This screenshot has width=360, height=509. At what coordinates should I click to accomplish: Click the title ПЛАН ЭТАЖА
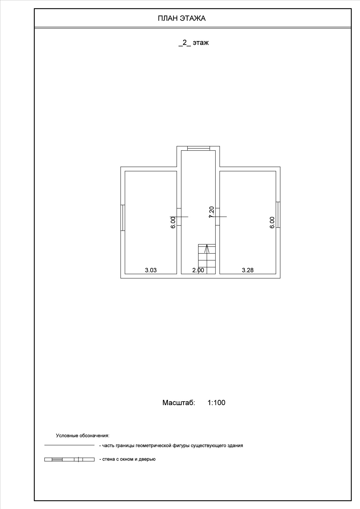tap(182, 19)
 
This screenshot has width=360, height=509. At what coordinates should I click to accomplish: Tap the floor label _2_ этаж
tap(193, 43)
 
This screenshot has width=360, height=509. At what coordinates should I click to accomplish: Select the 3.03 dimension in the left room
tap(151, 270)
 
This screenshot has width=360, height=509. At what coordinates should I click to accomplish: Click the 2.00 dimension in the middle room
tap(198, 270)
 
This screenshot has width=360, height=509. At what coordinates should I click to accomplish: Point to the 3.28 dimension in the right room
tap(248, 270)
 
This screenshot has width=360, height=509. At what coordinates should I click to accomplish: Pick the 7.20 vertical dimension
tap(211, 212)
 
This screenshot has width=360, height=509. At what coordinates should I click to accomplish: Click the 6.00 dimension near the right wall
tap(272, 222)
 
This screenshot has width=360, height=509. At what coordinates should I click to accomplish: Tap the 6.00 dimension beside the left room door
tap(173, 222)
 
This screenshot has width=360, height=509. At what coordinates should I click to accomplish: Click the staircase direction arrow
tap(207, 249)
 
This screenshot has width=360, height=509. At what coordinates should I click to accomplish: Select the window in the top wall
tap(198, 148)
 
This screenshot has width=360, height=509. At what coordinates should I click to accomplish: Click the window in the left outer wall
tap(123, 218)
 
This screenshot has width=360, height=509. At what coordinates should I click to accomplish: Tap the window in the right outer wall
tap(278, 215)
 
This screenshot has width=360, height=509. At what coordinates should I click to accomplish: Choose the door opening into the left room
tap(179, 217)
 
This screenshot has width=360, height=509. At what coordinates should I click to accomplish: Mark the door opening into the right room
tap(218, 217)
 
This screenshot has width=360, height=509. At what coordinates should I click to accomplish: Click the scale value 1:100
tap(216, 402)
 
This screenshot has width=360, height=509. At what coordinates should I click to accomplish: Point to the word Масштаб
tap(179, 402)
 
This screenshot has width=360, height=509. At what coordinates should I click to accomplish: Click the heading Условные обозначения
tap(82, 436)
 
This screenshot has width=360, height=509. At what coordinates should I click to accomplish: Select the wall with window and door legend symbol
tap(69, 459)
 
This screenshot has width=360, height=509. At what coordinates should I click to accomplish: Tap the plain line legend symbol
tap(69, 445)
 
